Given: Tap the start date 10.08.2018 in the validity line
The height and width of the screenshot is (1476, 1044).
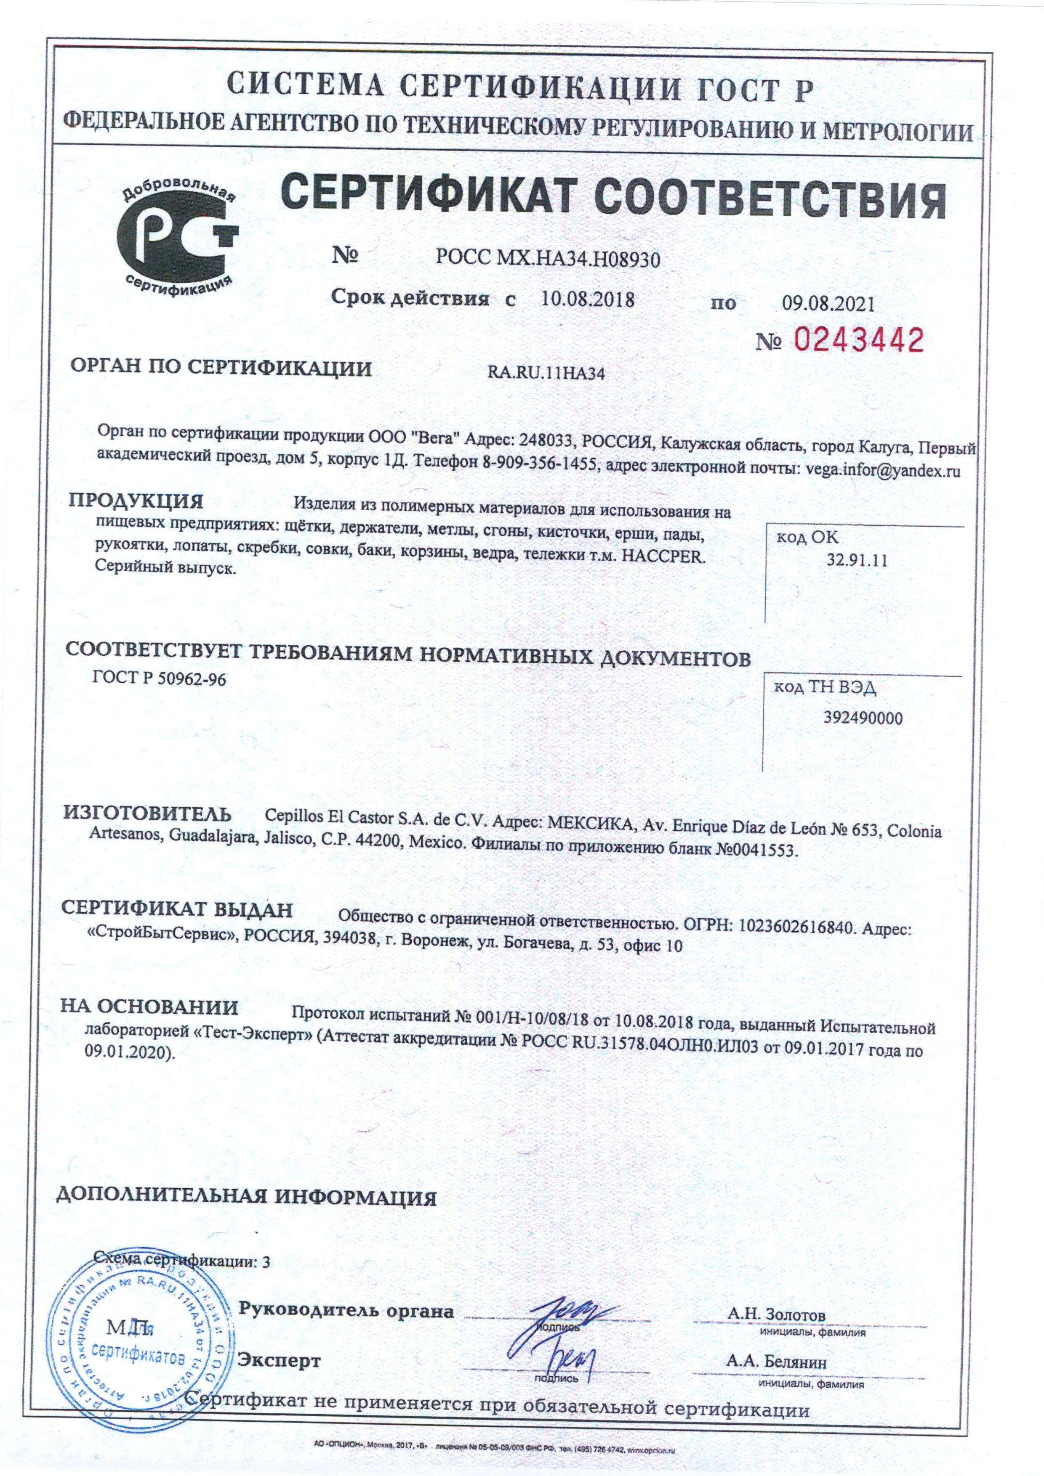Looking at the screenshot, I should click(587, 299).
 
